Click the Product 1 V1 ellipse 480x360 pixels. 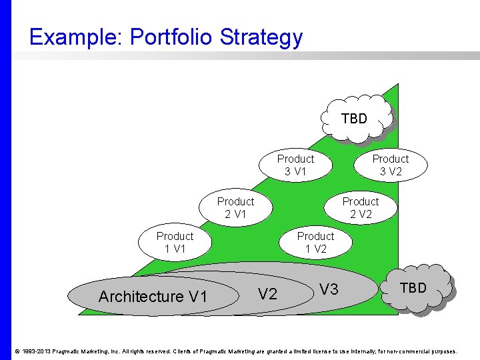(175, 243)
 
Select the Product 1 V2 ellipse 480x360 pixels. (315, 243)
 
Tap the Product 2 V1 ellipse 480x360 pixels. (235, 208)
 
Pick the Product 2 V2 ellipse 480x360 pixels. (361, 208)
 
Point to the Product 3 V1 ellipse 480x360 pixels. (295, 165)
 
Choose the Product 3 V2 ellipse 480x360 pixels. (391, 165)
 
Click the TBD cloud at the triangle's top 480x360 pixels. (355, 119)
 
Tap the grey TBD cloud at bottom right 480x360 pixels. (413, 288)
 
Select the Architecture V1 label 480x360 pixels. (153, 297)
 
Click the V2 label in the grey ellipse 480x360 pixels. (267, 294)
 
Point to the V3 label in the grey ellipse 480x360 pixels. (329, 289)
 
